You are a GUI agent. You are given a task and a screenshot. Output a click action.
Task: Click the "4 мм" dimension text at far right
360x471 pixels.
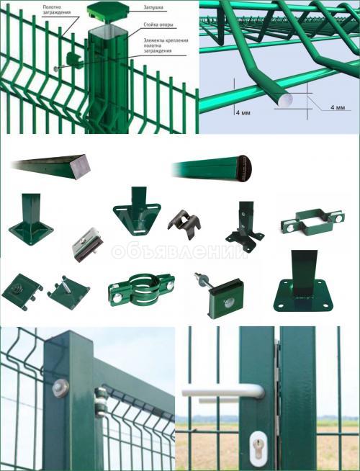pos(338,107)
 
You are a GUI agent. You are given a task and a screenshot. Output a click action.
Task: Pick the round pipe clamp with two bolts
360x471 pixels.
pos(141,290)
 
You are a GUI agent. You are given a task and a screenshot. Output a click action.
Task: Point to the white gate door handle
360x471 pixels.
pos(223,392)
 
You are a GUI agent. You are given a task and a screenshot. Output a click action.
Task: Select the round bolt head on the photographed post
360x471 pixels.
pos(60,388)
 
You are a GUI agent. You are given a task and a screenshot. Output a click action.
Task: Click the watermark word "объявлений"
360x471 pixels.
pos(179,252)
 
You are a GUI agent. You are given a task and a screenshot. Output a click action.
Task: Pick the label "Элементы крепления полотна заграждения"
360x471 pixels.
pos(166,45)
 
